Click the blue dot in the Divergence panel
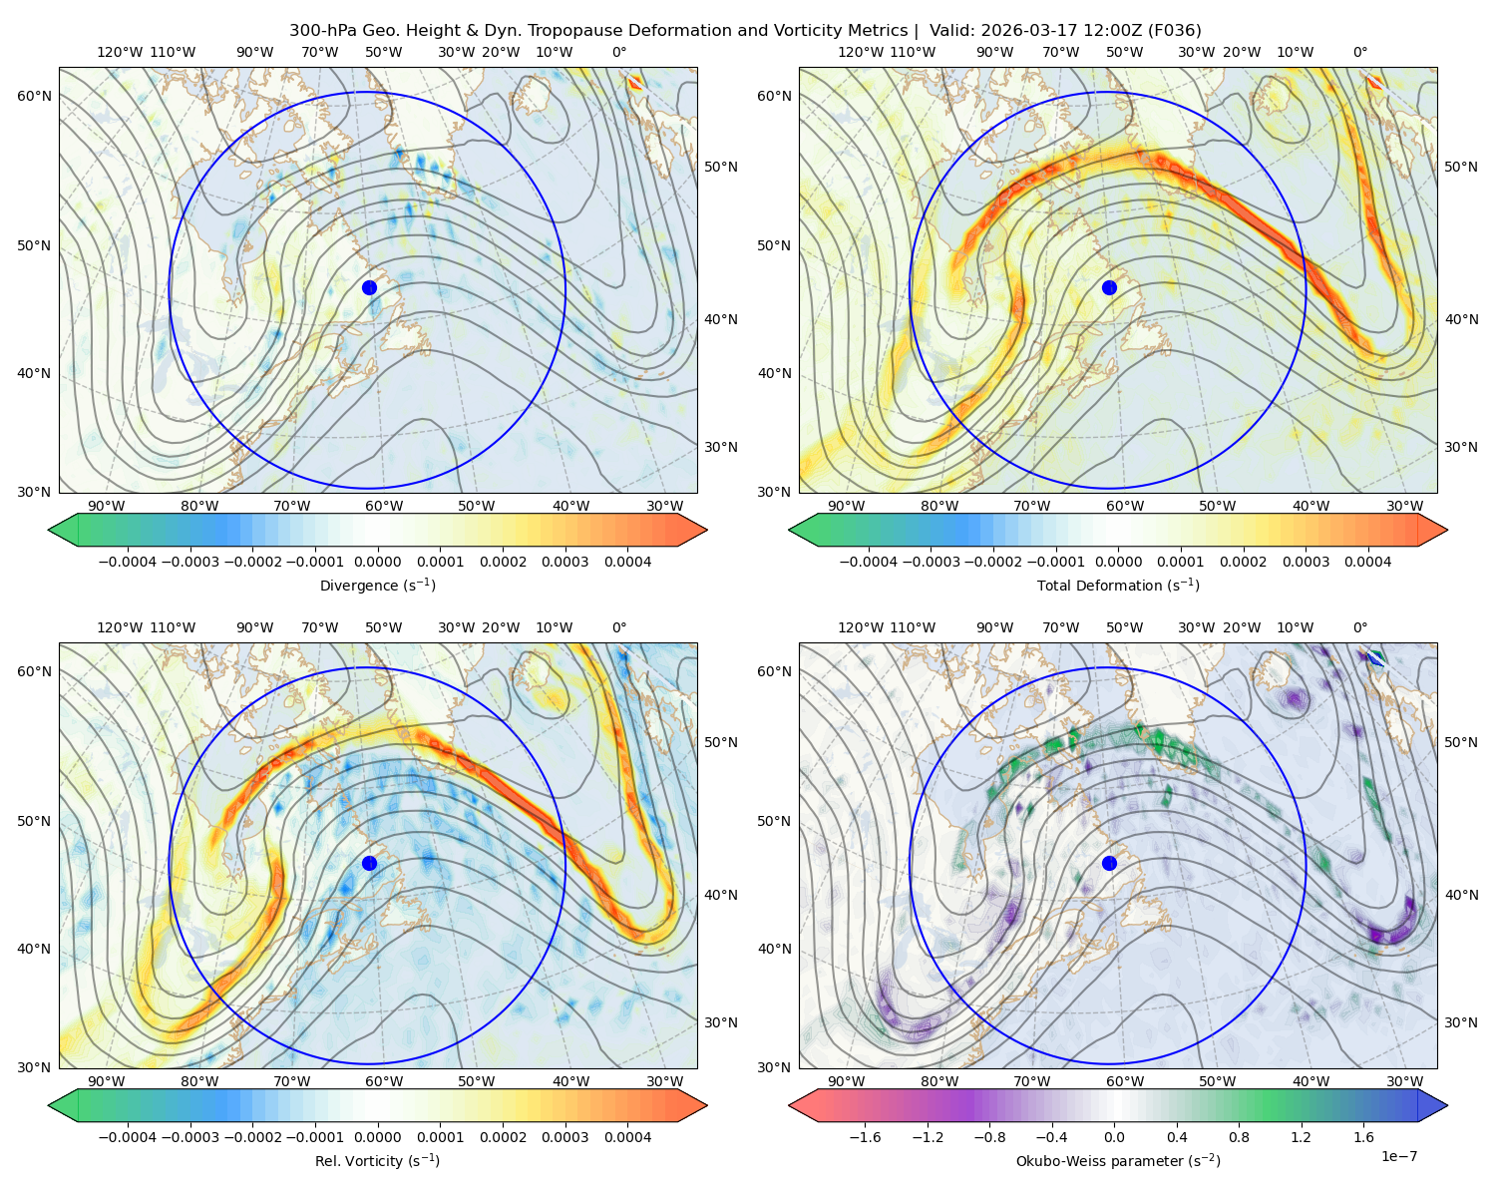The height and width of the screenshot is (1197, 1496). pyautogui.click(x=369, y=287)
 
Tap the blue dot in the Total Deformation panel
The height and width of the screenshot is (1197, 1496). pyautogui.click(x=1109, y=287)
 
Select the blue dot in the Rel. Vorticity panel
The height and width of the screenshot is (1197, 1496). pyautogui.click(x=369, y=863)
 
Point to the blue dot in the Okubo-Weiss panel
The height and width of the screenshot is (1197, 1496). pyautogui.click(x=1109, y=863)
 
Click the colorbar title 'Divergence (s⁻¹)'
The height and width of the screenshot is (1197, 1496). pyautogui.click(x=377, y=585)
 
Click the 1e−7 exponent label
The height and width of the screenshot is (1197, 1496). pyautogui.click(x=1398, y=1156)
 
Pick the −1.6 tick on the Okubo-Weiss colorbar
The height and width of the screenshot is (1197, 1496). pyautogui.click(x=865, y=1137)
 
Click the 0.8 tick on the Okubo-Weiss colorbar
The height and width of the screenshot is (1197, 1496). pyautogui.click(x=1239, y=1137)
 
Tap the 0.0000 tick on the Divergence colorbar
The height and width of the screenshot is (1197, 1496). pyautogui.click(x=377, y=562)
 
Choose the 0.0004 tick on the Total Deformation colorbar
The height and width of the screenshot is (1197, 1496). pyautogui.click(x=1368, y=562)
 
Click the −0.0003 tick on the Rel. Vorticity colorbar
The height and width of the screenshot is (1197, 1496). pyautogui.click(x=189, y=1137)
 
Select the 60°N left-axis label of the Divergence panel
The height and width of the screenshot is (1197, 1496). pyautogui.click(x=34, y=96)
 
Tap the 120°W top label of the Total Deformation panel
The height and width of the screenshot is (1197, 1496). pyautogui.click(x=860, y=52)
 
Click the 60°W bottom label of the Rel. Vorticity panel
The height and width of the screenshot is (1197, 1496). pyautogui.click(x=384, y=1081)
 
